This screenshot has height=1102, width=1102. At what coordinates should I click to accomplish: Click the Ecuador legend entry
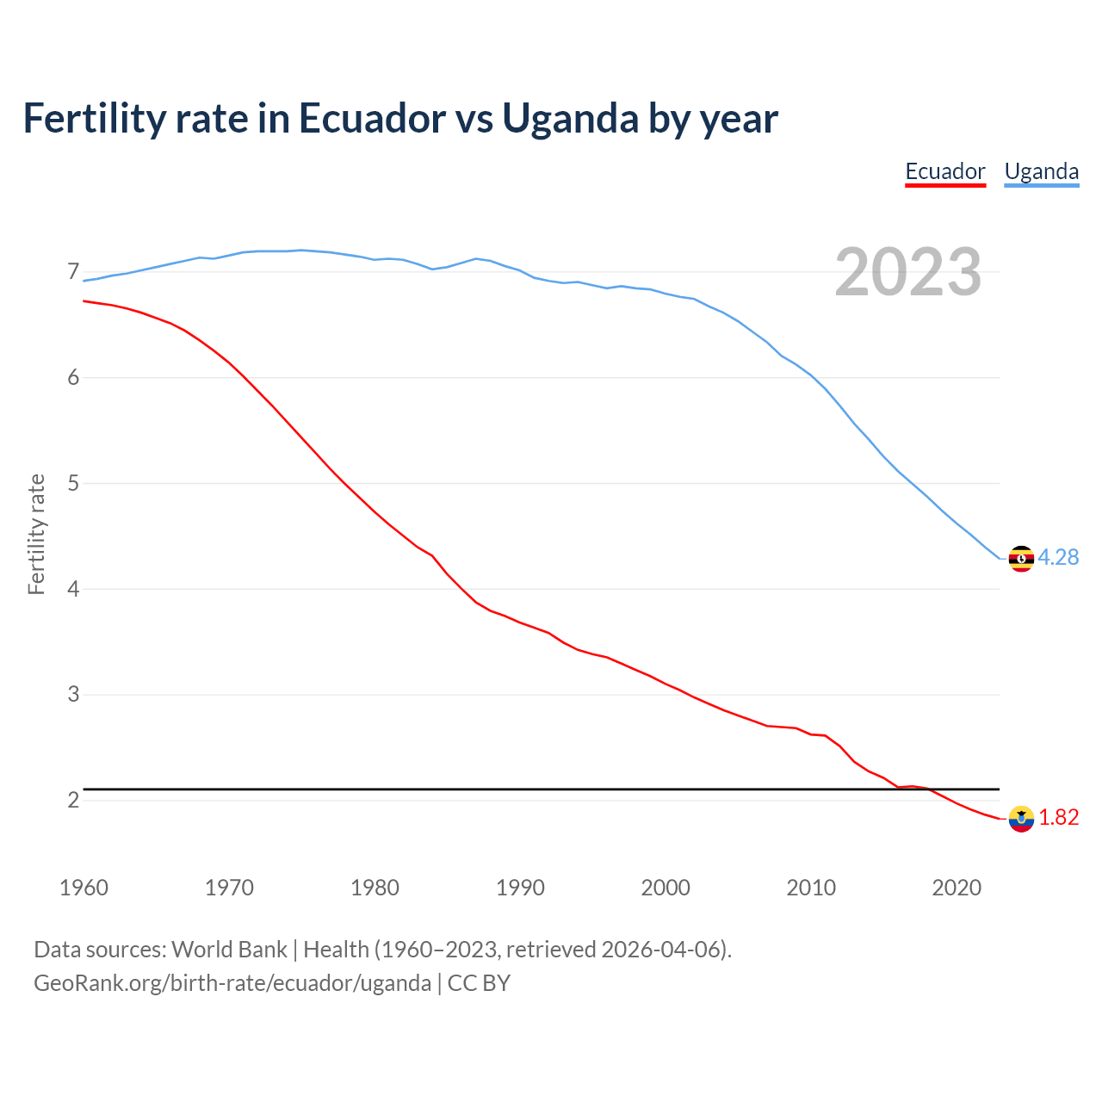944,171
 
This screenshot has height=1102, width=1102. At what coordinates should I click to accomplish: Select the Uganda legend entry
1041,171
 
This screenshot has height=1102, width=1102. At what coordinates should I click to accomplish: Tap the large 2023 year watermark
907,272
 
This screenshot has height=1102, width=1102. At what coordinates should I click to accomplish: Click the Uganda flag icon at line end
1021,559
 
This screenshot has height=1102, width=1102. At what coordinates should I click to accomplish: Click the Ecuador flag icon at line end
1021,819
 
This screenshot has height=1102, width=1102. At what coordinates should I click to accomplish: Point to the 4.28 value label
1058,558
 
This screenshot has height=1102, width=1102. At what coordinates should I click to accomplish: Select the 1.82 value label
1058,818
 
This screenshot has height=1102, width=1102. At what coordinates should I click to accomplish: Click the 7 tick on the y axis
73,272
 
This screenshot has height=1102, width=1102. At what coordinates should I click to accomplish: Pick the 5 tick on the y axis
73,483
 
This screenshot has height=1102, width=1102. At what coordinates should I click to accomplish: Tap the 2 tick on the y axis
73,800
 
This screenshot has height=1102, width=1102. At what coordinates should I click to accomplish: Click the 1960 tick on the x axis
84,888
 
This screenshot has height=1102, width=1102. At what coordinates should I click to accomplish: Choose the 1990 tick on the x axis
520,888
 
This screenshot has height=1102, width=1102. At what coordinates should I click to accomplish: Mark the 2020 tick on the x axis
957,888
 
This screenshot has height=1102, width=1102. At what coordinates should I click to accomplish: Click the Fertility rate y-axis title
36,534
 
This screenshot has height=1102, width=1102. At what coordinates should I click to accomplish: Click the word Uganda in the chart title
570,119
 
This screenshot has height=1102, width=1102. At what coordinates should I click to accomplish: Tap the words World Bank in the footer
229,950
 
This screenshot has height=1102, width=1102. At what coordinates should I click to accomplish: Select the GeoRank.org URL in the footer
232,983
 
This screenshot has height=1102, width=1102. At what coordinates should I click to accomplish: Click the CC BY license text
479,983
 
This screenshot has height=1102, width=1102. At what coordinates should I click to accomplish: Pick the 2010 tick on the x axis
811,888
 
